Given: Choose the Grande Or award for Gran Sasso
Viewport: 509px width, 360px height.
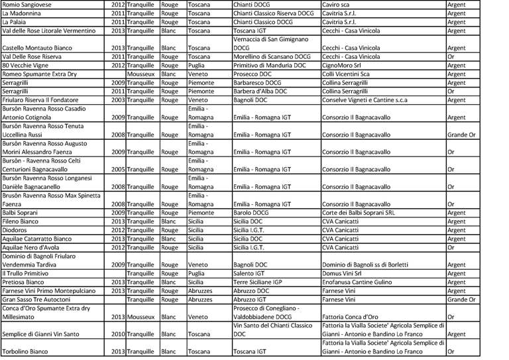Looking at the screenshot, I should [461, 299].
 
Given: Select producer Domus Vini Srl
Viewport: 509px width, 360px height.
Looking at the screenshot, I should [342, 273].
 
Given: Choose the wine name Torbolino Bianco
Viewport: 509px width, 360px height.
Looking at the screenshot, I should [29, 351].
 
